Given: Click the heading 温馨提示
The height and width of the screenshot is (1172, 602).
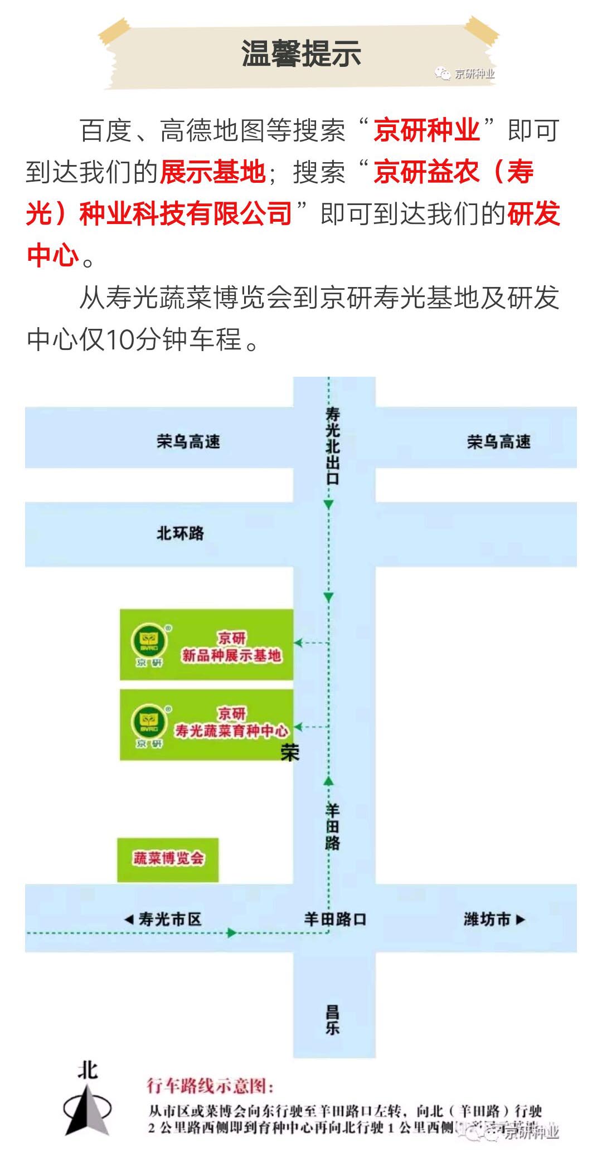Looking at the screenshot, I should coord(301,54).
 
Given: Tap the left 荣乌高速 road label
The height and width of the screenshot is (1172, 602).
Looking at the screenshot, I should coord(188,442).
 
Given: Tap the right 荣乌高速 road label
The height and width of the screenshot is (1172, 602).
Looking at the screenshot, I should coord(498,442).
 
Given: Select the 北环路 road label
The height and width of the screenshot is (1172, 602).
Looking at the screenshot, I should coord(180,533).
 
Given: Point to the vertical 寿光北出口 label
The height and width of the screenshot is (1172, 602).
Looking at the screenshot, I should coord(332,445).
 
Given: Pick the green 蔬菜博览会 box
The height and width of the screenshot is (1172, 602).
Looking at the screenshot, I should coord(168,859).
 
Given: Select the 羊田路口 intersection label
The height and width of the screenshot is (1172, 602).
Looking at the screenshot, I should coord(334,919).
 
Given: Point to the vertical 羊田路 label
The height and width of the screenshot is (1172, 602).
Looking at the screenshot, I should coord(332,826).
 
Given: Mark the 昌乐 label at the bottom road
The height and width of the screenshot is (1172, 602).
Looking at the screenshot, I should coord(333,1019).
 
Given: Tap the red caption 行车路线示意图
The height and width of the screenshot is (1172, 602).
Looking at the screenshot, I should coord(210,1086).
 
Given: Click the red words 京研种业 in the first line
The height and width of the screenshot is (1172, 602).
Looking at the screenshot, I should coord(426,130).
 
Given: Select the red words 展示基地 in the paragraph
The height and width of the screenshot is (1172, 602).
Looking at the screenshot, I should coord(212,172).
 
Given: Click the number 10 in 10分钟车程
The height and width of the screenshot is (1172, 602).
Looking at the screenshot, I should coord(118,339).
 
